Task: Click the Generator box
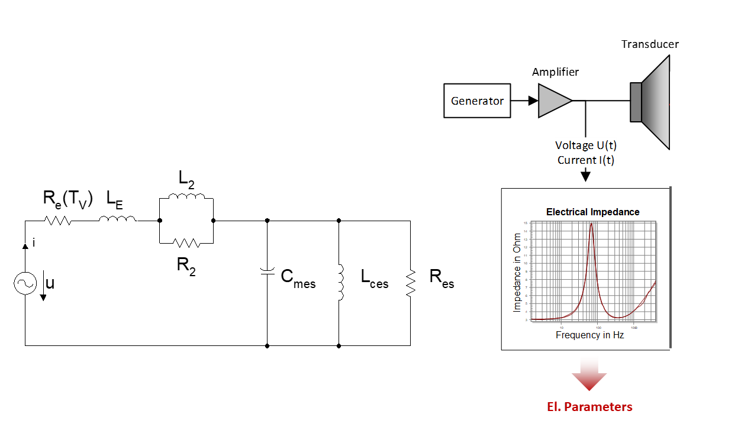point(477,101)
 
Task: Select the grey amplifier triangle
point(553,101)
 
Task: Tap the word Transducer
point(650,44)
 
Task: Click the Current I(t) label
point(585,160)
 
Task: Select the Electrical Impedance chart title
point(592,212)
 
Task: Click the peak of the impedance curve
point(591,224)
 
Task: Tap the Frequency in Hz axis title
point(589,335)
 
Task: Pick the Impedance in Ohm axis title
point(517,271)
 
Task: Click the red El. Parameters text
point(589,407)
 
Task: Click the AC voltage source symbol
point(25,284)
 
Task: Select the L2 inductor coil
point(186,196)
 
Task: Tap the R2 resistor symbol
point(186,242)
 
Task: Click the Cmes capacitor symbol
point(268,271)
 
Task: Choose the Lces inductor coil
point(340,283)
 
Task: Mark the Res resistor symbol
point(410,283)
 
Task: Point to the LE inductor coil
point(117,220)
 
